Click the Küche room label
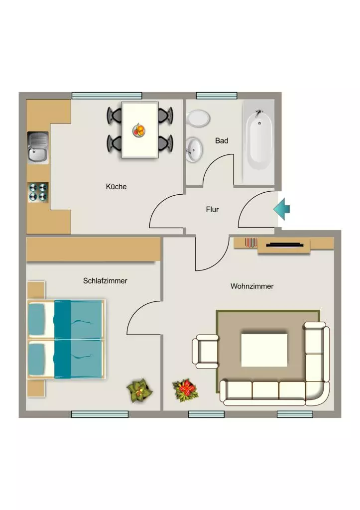tap(116, 186)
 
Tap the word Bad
tap(222, 140)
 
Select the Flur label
tap(212, 210)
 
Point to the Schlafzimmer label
tap(105, 281)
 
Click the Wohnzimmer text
tap(252, 286)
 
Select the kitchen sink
tap(38, 147)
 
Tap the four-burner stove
tap(38, 192)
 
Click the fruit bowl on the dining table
tap(139, 130)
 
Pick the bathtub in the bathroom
tap(259, 142)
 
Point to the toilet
tap(198, 119)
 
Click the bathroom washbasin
tap(194, 149)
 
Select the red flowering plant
tap(185, 390)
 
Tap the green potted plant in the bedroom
tap(139, 390)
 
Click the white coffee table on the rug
tap(264, 350)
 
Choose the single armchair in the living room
tap(205, 352)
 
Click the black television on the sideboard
tap(285, 245)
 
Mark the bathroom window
tap(217, 96)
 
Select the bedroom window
tap(100, 414)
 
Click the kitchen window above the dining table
tap(107, 96)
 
